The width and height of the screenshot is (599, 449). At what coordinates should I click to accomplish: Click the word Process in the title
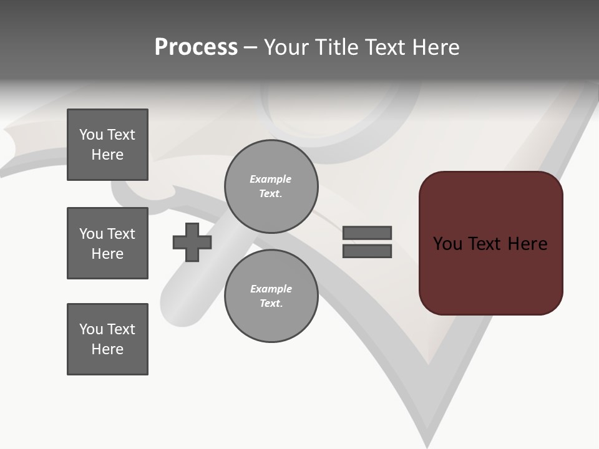[x=196, y=47]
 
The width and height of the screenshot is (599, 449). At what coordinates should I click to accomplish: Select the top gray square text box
[x=107, y=145]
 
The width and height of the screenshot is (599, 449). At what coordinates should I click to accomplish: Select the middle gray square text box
[x=107, y=243]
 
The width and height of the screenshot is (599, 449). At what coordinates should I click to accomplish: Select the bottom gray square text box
[x=107, y=339]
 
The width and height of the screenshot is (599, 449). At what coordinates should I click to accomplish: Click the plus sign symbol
[x=192, y=242]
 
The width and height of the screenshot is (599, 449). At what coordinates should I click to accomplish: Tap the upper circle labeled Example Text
[x=271, y=186]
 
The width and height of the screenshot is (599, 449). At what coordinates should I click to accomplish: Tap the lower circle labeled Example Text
[x=271, y=296]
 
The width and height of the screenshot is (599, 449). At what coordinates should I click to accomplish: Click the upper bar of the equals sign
[x=367, y=233]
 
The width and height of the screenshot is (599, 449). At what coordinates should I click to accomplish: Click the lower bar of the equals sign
[x=367, y=251]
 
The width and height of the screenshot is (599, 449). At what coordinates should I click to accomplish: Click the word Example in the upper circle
[x=271, y=179]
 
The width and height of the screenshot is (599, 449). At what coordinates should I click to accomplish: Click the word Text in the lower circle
[x=271, y=304]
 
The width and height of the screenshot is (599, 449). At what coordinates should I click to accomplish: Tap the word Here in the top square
[x=107, y=155]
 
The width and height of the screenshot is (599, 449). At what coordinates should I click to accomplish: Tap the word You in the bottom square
[x=91, y=329]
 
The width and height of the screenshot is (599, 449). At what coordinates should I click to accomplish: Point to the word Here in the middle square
[x=107, y=254]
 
